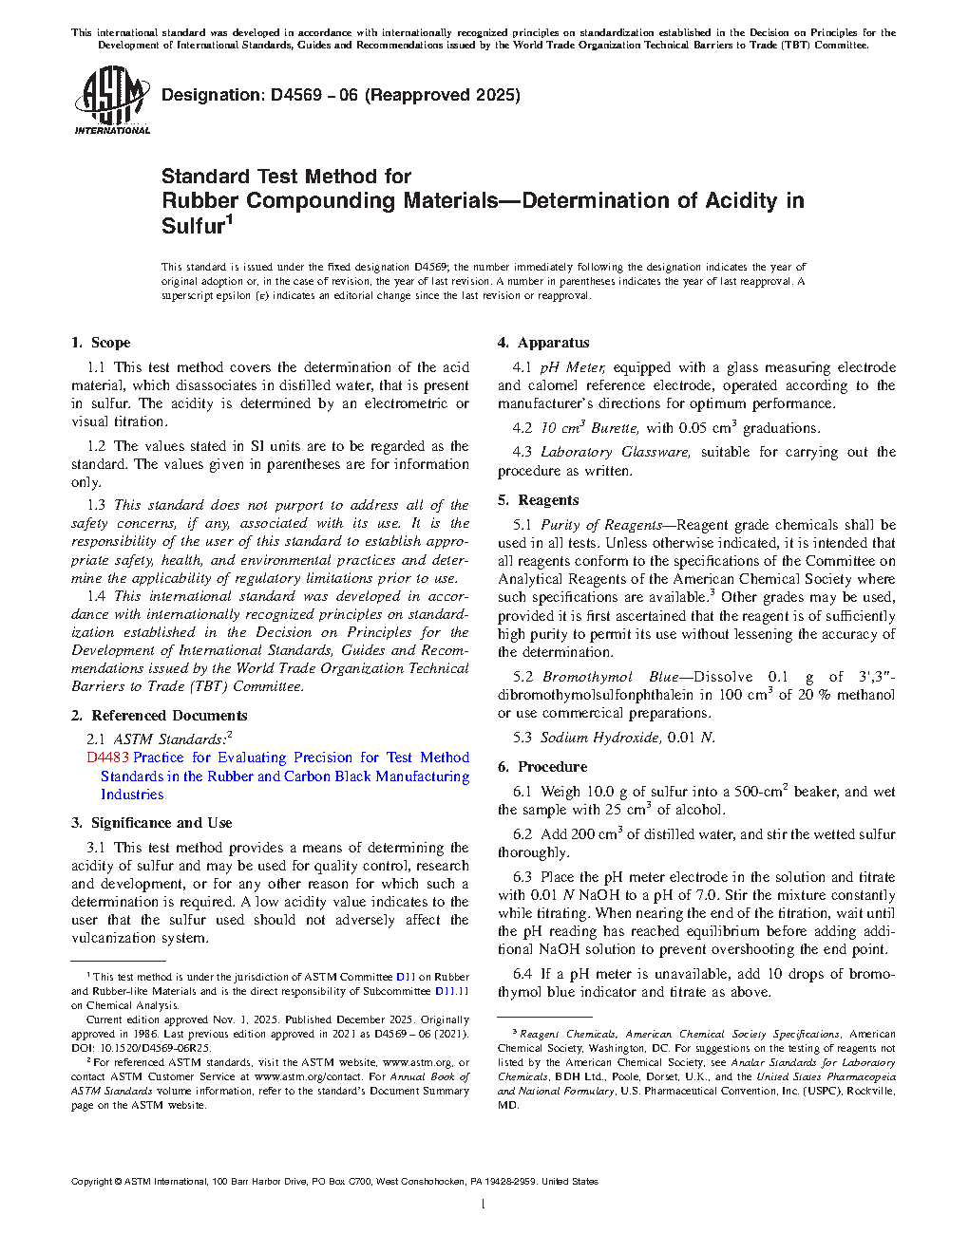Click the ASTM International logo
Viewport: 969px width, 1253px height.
(111, 100)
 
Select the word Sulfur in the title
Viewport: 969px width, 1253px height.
(193, 226)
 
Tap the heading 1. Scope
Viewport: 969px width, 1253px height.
(101, 343)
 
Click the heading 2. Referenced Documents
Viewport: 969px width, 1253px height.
(159, 716)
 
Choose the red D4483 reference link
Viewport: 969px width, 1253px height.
(107, 757)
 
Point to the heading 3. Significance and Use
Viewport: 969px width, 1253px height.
(151, 823)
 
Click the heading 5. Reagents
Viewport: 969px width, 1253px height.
(538, 500)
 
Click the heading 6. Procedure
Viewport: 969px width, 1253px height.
(542, 767)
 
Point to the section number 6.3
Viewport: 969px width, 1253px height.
(522, 877)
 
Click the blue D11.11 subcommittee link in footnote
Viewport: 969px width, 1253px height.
(451, 991)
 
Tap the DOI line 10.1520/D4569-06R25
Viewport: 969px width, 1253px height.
(151, 1048)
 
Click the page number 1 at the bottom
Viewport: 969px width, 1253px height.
(484, 1205)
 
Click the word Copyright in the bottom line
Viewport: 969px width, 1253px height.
(92, 1182)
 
